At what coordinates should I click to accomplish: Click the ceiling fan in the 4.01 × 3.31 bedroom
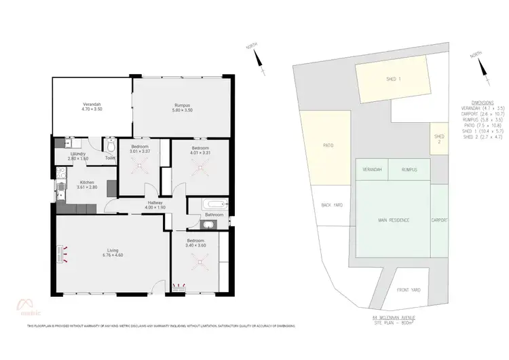[x=199, y=165]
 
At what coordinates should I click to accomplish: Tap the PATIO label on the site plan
[x=328, y=145]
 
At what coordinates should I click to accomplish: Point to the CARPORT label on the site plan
[x=439, y=220]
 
